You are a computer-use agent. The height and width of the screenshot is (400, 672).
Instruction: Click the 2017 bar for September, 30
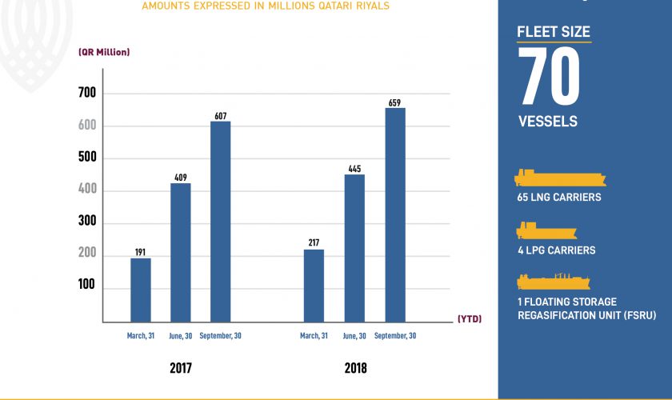coord(220,222)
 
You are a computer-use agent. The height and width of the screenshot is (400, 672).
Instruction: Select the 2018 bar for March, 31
coord(314,286)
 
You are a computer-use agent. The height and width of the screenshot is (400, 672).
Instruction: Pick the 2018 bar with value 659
coord(394,215)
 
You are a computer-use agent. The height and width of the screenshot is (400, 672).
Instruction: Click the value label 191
coord(141,252)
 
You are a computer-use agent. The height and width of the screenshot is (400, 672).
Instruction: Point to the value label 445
coord(354,168)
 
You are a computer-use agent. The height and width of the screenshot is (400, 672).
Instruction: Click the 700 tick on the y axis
coord(86,94)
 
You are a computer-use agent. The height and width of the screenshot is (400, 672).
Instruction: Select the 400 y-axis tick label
coord(86,190)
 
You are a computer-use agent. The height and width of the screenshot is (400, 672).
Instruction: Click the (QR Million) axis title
coord(104,52)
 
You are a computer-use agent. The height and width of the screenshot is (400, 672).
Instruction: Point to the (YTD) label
coord(469,318)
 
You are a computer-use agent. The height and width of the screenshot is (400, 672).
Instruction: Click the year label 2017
coord(181,369)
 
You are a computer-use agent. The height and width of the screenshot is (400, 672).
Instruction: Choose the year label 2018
coord(354,369)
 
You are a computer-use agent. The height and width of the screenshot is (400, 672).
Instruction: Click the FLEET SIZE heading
coord(554,33)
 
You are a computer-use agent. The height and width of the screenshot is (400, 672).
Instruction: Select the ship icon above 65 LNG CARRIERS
coord(560,178)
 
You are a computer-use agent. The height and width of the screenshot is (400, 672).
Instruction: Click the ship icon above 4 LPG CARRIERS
coord(546,231)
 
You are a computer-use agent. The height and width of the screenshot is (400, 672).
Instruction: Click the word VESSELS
coord(548,122)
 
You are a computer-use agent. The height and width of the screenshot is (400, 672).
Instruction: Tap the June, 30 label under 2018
coord(354,336)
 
